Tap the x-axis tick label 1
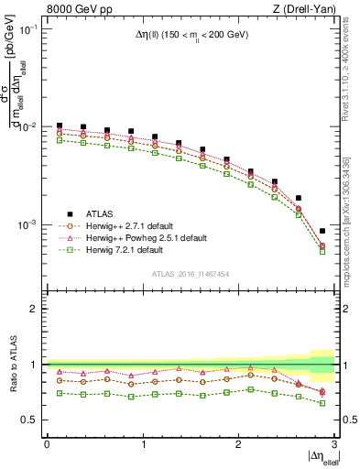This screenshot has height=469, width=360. tap(143, 444)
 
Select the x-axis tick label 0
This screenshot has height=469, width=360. tap(47, 444)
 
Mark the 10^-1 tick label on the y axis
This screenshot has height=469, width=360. tap(27, 29)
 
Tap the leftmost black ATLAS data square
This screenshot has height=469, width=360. tap(60, 125)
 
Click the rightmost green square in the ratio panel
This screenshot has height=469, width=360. tap(322, 403)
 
